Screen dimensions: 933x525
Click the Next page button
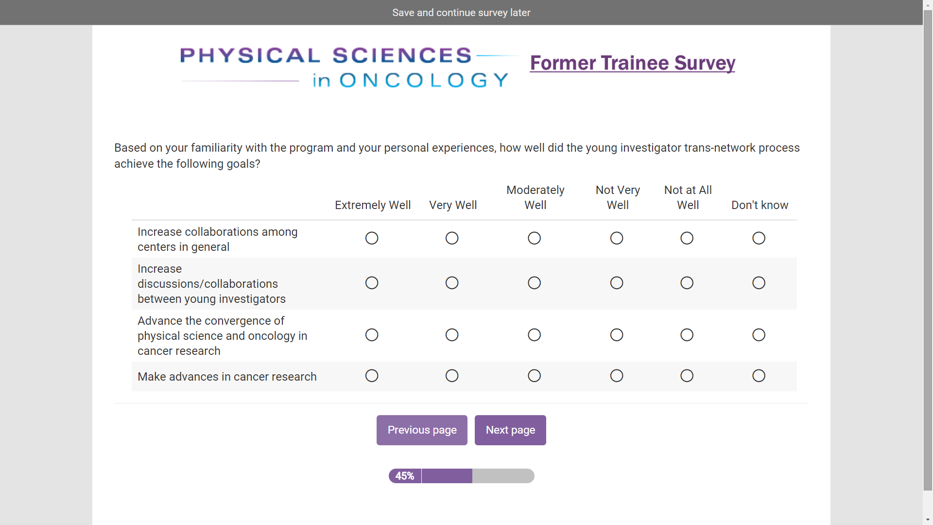(x=510, y=430)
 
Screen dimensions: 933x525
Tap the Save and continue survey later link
(x=461, y=13)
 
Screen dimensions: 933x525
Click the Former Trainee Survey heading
(x=632, y=63)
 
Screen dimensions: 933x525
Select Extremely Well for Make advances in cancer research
(x=372, y=376)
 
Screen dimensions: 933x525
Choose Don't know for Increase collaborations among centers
(x=759, y=238)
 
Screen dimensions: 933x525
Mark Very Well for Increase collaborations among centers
(x=452, y=238)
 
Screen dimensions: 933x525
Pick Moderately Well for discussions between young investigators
(x=534, y=283)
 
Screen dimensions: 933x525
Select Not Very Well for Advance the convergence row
(x=617, y=335)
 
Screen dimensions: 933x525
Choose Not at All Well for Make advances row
(x=687, y=376)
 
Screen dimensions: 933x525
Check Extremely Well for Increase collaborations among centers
(x=372, y=238)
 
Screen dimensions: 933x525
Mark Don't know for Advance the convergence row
(x=759, y=335)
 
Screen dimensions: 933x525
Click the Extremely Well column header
(x=373, y=205)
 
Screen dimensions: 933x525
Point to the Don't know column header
(x=760, y=205)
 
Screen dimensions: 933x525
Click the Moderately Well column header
(x=536, y=197)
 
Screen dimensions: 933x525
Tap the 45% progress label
(x=405, y=476)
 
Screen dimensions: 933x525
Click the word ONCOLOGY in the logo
(x=424, y=80)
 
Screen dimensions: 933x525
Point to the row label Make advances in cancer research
(x=227, y=377)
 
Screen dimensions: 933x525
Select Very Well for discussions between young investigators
(x=452, y=283)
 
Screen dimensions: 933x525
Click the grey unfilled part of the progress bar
(x=503, y=476)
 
